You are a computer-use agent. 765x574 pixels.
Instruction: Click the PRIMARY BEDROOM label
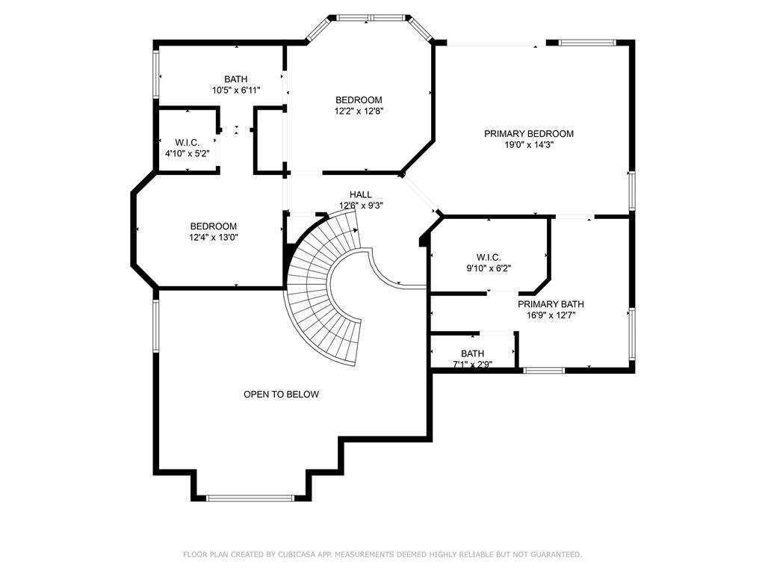528,134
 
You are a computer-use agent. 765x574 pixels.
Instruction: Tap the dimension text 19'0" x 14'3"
529,144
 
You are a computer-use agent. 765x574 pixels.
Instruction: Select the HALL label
361,195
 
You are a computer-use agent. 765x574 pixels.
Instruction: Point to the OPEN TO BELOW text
281,395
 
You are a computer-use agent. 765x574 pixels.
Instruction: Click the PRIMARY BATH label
551,304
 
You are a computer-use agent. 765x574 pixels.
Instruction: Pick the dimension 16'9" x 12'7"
551,315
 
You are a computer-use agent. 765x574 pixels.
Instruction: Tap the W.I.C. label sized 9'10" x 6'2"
489,257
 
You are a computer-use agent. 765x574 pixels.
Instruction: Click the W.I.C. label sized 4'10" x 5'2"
188,143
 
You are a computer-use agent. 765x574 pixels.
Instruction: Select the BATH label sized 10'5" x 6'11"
235,79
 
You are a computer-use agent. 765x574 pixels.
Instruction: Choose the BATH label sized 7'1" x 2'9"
472,354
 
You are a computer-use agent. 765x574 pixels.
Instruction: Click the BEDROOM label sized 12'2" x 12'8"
359,100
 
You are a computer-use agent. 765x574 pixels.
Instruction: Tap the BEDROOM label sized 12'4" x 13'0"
213,226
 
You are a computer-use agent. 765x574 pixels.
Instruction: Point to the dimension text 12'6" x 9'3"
361,206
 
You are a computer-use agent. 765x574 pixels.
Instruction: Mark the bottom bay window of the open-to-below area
250,498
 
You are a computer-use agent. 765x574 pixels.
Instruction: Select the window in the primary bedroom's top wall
587,43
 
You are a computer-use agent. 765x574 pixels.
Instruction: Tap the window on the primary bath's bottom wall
544,371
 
